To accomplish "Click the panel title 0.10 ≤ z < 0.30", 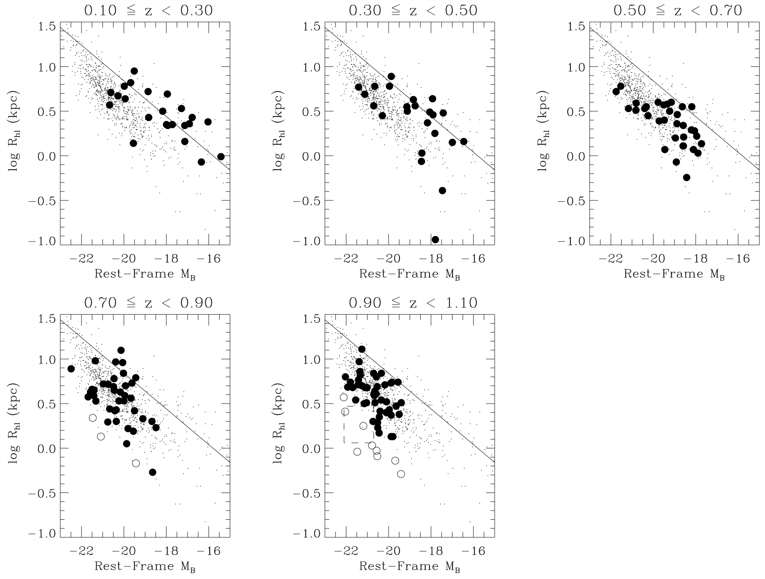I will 148,10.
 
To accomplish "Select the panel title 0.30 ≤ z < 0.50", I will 413,10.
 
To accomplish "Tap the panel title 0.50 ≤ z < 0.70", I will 677,10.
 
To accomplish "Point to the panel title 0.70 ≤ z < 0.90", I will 148,303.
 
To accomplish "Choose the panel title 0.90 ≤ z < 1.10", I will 413,303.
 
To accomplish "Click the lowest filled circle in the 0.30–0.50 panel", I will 435,239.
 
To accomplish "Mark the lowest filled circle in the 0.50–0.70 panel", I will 686,178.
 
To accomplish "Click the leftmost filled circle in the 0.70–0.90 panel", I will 71,368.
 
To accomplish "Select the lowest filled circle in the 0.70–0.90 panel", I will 152,472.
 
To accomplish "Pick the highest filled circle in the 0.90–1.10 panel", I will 362,349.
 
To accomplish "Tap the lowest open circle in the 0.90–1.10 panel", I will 401,474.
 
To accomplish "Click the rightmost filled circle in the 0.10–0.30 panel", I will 221,157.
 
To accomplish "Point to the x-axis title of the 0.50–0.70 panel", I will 674,274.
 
